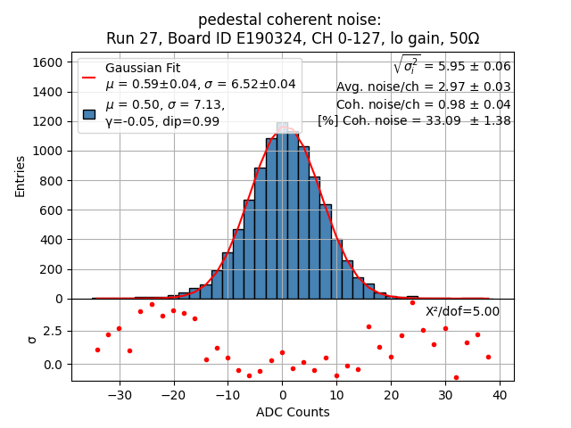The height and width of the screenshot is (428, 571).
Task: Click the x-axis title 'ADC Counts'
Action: pos(293,412)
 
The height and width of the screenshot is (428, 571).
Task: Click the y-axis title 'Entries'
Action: pos(21,176)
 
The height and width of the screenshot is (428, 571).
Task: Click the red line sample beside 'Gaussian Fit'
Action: pos(89,77)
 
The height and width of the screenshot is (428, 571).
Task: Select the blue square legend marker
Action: pos(89,113)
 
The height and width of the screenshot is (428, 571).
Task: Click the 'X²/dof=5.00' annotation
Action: pos(462,311)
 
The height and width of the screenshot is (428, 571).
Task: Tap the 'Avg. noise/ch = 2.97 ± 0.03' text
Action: pos(423,86)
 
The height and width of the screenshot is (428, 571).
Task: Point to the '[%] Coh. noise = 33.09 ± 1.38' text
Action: pos(414,120)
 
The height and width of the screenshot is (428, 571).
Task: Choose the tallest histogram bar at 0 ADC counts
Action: pos(282,214)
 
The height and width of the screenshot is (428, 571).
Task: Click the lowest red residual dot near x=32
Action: pos(456,377)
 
